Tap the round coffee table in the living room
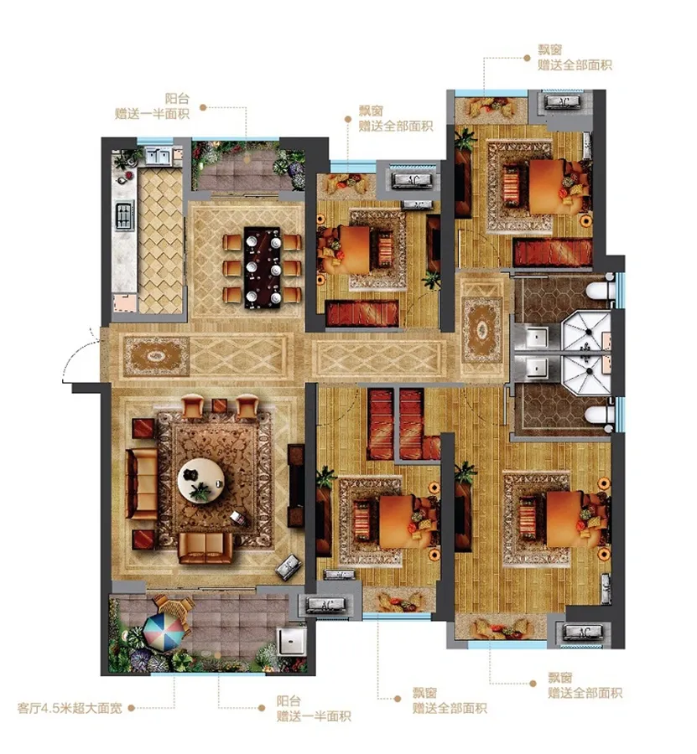201,479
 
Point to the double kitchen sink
157,157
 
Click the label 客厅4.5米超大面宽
70,708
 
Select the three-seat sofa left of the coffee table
142,483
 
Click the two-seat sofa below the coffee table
205,547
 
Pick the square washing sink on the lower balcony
292,641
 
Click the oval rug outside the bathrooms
481,330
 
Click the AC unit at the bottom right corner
584,632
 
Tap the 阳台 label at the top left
177,99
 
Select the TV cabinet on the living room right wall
296,486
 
